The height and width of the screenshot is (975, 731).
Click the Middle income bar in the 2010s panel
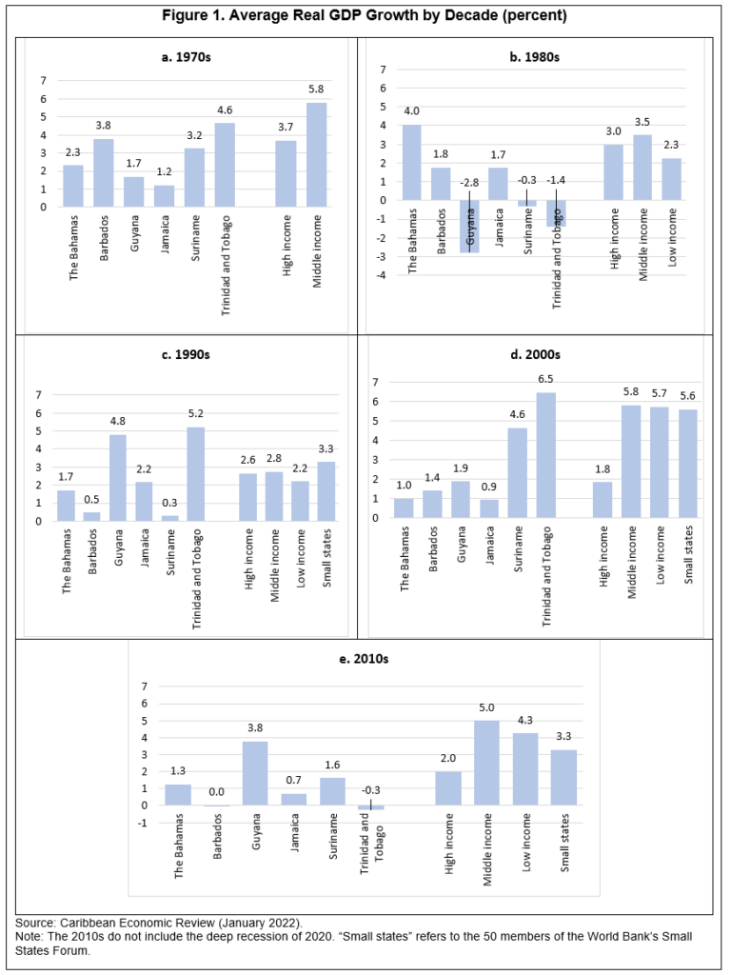[x=486, y=763]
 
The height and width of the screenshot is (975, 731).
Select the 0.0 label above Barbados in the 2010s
[x=218, y=791]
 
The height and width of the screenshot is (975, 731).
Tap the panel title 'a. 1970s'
[x=186, y=57]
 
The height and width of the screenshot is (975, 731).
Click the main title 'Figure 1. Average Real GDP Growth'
[x=365, y=17]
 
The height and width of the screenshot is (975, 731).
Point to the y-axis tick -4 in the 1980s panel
[x=382, y=275]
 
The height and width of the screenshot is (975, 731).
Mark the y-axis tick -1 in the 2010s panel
[x=144, y=823]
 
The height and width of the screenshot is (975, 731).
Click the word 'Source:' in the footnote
[x=36, y=924]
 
